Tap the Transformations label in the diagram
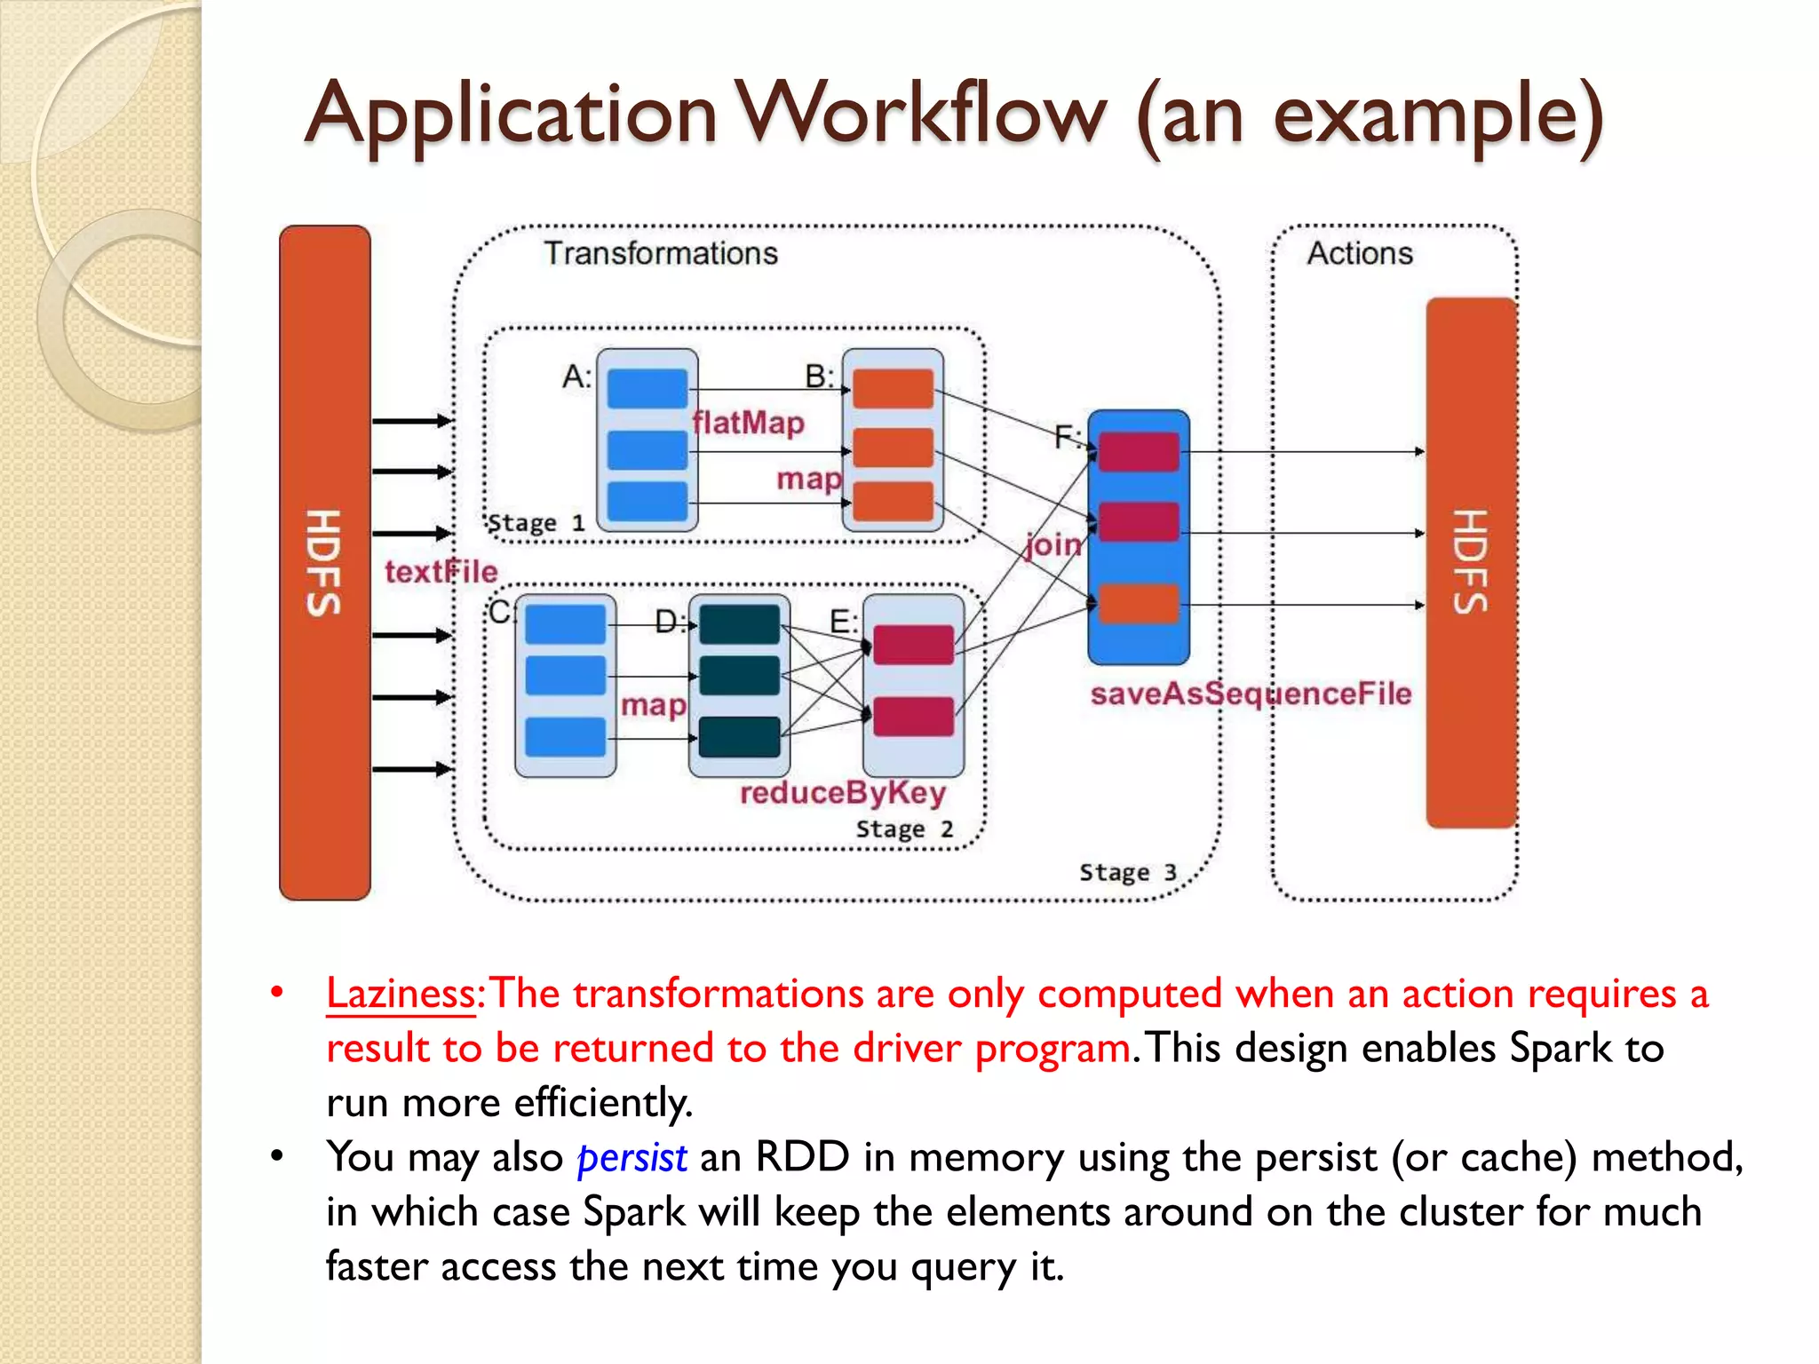click(x=660, y=254)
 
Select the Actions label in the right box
click(x=1359, y=254)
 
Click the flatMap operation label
click(x=748, y=423)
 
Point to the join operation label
click(x=1053, y=543)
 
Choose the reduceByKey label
click(x=842, y=792)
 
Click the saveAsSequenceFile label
click(x=1250, y=694)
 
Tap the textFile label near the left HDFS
click(x=441, y=572)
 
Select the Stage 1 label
click(x=536, y=523)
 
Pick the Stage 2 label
click(x=904, y=829)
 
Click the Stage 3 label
click(x=1127, y=873)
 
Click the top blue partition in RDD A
click(x=647, y=389)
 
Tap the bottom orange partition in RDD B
click(x=893, y=502)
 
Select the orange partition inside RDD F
click(x=1138, y=604)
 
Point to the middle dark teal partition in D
click(x=739, y=676)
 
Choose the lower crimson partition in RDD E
click(x=913, y=717)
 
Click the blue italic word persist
click(x=631, y=1158)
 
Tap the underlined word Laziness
click(x=401, y=994)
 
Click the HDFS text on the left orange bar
click(x=324, y=562)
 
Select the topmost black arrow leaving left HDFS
click(x=411, y=421)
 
